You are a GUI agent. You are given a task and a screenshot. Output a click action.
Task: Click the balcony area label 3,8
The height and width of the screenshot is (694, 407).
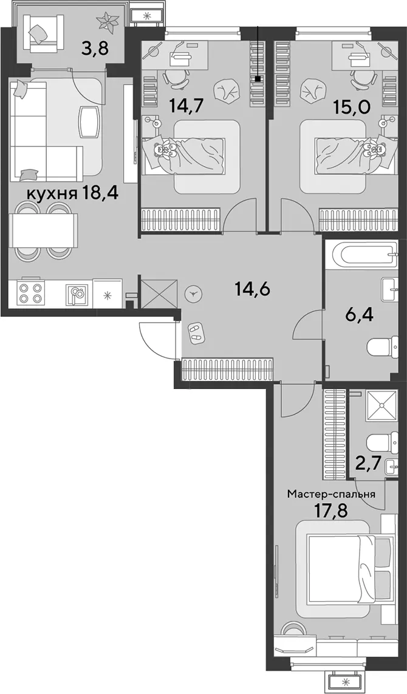click(x=95, y=46)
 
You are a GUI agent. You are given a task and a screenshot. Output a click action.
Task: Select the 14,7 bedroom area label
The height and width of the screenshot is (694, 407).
click(x=184, y=106)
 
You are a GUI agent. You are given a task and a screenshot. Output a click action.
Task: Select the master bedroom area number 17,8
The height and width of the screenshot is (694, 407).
click(x=330, y=512)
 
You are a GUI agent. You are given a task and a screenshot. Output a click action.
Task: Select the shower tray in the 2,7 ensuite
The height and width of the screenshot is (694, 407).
click(x=381, y=408)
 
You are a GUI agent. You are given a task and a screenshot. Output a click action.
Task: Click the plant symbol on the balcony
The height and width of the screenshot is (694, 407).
click(x=108, y=22)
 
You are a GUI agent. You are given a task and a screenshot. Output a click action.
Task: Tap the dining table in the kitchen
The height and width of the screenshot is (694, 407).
click(x=46, y=230)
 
